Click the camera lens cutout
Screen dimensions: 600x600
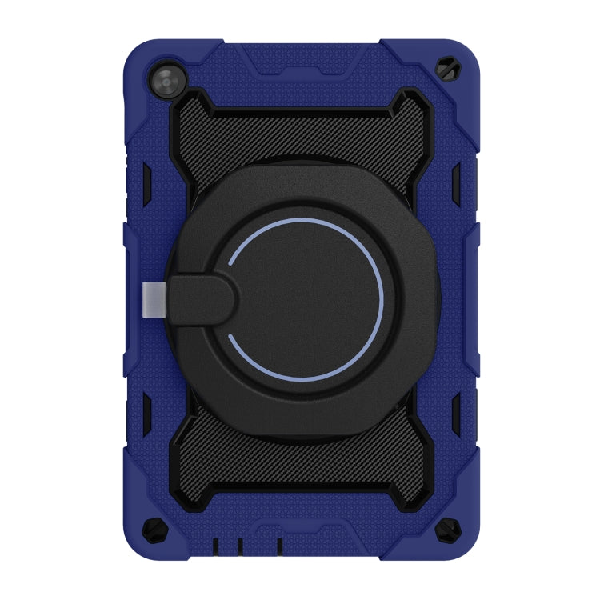[166, 82]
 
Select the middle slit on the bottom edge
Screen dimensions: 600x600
[239, 545]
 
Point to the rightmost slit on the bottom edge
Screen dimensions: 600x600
[280, 545]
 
